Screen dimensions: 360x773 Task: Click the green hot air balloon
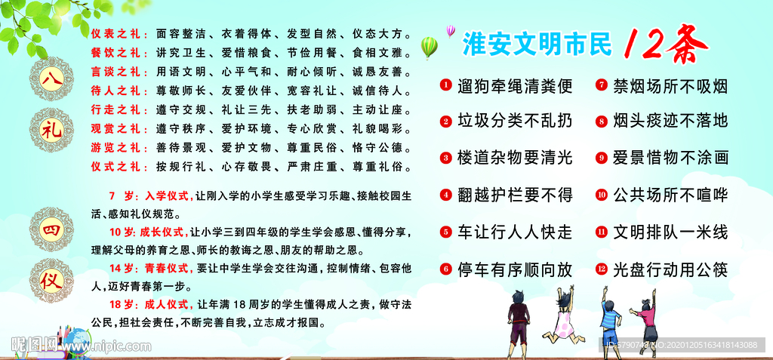point(428,47)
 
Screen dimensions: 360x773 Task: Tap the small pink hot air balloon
point(451,30)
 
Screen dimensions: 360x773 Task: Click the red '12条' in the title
point(665,45)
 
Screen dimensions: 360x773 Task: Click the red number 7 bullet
point(601,85)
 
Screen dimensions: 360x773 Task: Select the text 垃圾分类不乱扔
point(515,122)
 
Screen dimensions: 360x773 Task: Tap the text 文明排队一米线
point(670,232)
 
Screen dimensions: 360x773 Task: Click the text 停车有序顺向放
point(515,269)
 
